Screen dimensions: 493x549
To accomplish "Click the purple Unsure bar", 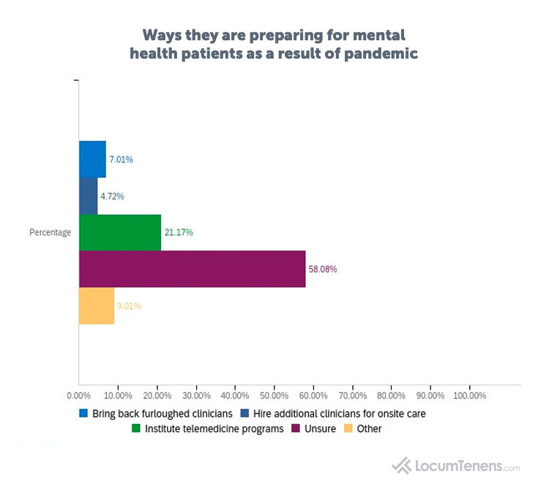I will click(192, 269).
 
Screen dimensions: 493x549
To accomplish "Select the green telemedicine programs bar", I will click(119, 233).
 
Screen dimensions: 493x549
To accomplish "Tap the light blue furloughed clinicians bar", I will click(92, 159).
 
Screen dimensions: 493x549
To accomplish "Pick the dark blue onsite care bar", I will click(88, 196).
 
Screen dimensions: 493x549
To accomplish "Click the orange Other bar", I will click(97, 306).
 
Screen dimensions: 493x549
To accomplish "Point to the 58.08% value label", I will click(323, 270).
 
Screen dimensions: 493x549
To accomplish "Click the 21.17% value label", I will click(179, 233).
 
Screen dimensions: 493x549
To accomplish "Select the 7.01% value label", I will click(122, 160).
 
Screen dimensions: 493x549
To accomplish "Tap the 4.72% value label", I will click(112, 196).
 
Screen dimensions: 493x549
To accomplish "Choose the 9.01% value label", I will click(130, 306).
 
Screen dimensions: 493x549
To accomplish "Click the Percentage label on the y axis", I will click(51, 233).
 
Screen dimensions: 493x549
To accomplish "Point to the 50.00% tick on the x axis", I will click(274, 396).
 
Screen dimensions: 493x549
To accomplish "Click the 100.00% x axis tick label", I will click(469, 396).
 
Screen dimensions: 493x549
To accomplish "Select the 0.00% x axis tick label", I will click(78, 396).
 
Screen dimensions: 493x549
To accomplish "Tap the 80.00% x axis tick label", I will click(391, 396).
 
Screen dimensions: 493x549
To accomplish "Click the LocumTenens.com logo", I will click(456, 465).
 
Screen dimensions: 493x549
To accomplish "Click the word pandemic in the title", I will click(376, 54).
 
